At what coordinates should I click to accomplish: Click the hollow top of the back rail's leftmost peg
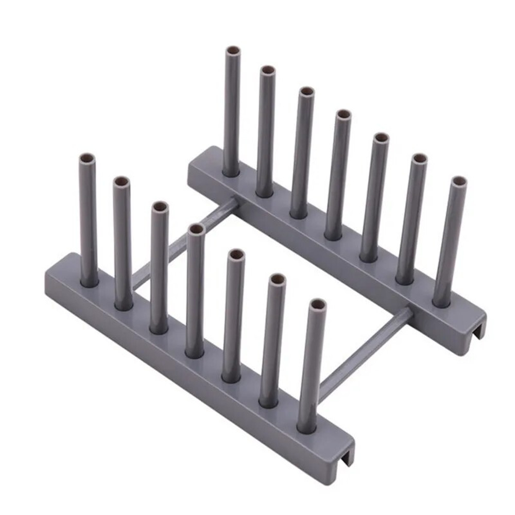click(233, 51)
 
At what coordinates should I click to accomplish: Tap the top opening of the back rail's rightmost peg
click(458, 182)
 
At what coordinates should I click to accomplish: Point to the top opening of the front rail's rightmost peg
click(318, 304)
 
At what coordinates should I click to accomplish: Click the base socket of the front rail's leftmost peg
click(89, 281)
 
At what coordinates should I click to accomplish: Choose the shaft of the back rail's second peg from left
click(266, 129)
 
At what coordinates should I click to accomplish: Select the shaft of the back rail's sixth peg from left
click(412, 216)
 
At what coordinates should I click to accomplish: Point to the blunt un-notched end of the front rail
click(51, 273)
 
